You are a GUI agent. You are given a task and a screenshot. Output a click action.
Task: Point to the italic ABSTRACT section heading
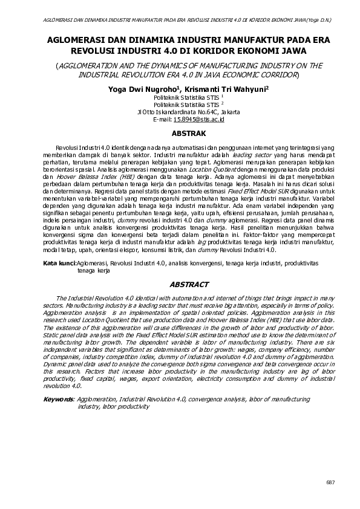click(x=189, y=285)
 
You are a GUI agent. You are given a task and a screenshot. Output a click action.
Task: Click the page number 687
click(x=330, y=481)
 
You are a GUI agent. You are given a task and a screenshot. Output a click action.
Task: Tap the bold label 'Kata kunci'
click(x=59, y=264)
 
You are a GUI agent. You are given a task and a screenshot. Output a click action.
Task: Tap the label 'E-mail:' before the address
click(x=163, y=120)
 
